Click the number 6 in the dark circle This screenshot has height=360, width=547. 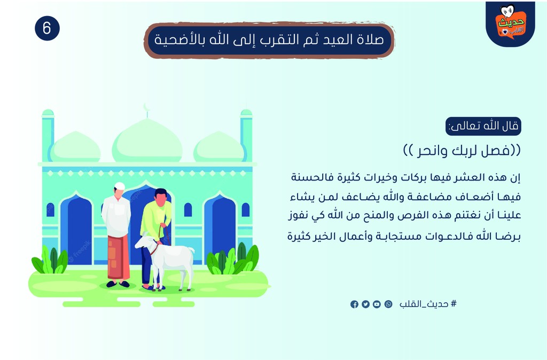tap(47, 28)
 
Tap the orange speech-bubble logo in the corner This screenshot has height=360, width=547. tap(511, 23)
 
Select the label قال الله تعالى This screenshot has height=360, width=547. tap(483, 126)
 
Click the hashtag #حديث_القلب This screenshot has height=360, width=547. tap(428, 304)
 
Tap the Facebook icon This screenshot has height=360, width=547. tap(355, 304)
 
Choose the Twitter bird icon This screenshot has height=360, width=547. tap(365, 304)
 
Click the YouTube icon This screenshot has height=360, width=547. tap(377, 304)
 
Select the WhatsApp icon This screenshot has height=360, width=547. tap(388, 304)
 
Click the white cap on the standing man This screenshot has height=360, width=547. tap(120, 186)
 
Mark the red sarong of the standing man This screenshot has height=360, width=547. tap(118, 257)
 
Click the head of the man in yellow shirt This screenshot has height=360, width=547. tap(161, 197)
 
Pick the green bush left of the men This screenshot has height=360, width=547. tap(50, 260)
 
